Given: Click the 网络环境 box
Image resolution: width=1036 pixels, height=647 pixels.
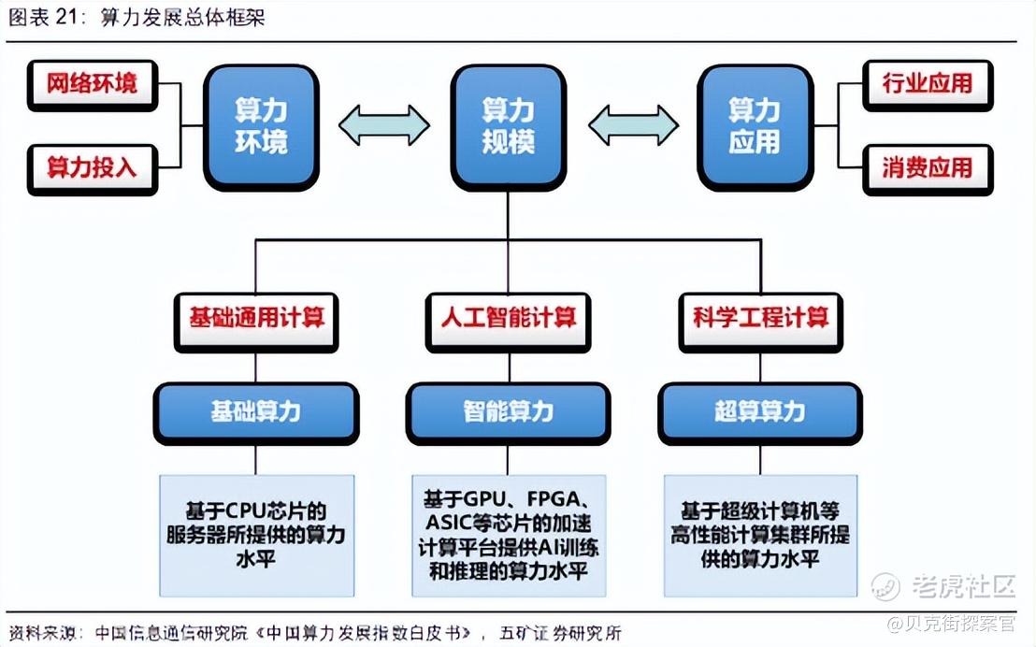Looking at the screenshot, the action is [x=93, y=85].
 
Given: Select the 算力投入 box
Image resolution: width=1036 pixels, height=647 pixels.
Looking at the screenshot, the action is [x=93, y=169].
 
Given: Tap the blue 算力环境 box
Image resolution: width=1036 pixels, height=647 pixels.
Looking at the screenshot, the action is [x=262, y=127].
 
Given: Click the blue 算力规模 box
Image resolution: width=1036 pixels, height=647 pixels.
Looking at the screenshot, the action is [x=508, y=127].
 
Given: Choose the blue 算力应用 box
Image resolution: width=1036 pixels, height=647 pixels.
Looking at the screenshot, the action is [x=755, y=127].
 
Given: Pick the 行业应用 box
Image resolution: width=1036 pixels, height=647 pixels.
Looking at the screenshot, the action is [x=928, y=85].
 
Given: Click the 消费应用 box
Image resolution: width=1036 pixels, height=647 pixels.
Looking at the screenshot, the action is [x=928, y=169].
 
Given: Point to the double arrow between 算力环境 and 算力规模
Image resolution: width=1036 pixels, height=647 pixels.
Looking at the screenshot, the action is [x=384, y=125].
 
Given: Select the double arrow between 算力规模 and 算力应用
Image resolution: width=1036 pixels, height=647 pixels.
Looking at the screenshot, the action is [x=633, y=125].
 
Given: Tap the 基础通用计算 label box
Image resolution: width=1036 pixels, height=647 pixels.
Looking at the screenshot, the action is [x=256, y=323].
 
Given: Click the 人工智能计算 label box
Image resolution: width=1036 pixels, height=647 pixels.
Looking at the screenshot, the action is [x=508, y=323].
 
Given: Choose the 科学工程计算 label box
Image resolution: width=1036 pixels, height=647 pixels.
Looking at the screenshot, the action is [x=760, y=323].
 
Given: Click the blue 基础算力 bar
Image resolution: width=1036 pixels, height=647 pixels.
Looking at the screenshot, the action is [x=256, y=413].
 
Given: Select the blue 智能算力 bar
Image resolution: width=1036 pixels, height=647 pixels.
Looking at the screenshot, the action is [x=508, y=413].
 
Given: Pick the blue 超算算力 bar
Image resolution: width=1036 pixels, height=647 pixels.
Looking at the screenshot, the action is [x=760, y=413].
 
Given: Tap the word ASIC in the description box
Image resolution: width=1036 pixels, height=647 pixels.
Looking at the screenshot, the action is [x=448, y=523].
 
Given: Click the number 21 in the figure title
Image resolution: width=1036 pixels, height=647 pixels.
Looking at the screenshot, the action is [x=67, y=17].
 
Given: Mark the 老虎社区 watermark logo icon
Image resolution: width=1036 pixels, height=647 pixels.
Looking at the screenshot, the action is [x=886, y=586].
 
